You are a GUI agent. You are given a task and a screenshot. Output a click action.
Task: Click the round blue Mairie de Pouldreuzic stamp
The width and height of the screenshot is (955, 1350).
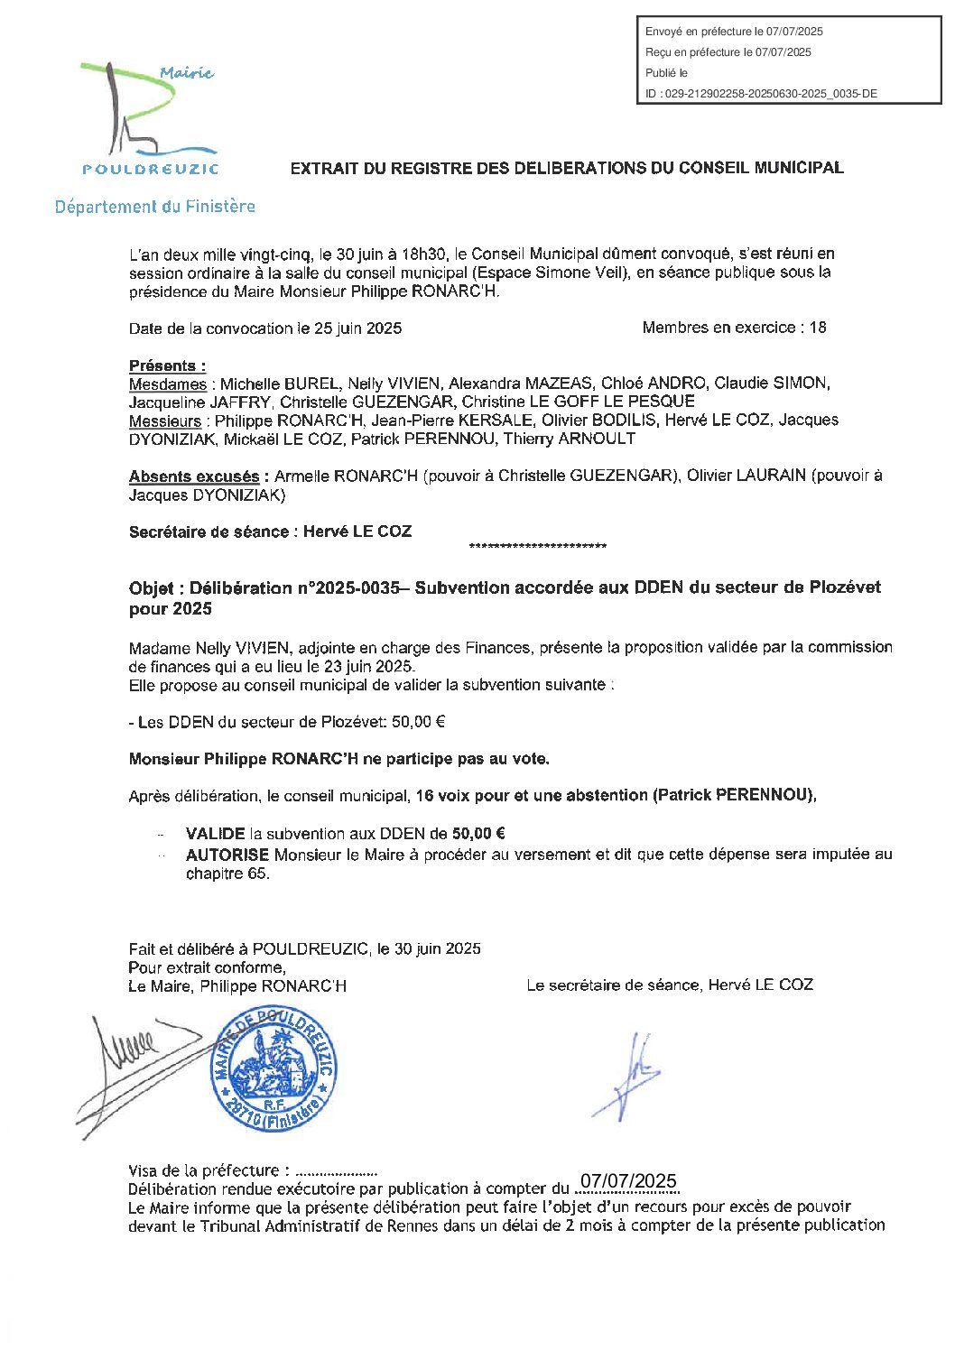point(274,1070)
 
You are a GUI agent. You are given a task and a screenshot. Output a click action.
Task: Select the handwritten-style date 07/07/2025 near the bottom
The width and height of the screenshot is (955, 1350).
point(628,1182)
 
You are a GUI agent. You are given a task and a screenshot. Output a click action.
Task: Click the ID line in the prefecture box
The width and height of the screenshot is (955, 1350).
point(761,93)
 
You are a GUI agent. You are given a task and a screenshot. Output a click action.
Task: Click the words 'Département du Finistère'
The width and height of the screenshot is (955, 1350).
point(154,207)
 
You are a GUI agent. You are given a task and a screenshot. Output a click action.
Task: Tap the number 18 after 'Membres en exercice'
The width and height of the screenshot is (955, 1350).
point(817,328)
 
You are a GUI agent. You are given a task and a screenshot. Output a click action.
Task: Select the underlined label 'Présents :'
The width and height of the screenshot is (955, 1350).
point(167,365)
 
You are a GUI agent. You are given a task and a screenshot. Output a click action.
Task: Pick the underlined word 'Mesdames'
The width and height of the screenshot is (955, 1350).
point(167,384)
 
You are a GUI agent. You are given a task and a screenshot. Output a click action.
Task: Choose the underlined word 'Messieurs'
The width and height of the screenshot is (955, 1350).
point(164,421)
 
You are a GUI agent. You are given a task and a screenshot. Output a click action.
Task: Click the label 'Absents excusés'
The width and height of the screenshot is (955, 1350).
point(193,476)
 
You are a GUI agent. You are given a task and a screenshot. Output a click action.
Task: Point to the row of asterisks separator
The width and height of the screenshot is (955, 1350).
point(538,547)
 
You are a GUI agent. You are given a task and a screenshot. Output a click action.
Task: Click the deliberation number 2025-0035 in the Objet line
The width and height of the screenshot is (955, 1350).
point(359,587)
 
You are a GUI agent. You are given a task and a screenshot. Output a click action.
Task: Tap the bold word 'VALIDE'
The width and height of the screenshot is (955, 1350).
point(215,834)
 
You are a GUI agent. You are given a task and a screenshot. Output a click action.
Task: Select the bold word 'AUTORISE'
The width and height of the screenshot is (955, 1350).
point(227,854)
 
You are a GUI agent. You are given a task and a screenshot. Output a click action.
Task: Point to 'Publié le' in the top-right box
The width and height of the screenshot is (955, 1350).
point(666,73)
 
